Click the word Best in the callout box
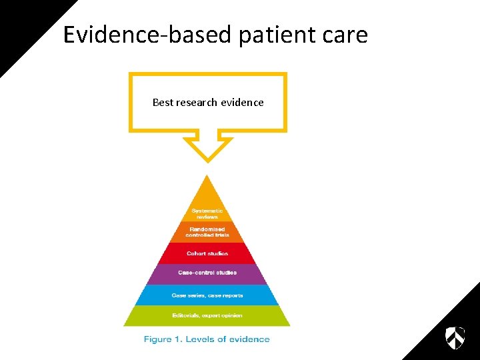pos(163,103)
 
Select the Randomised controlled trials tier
pos(207,232)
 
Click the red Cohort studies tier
pos(207,253)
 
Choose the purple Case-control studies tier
pos(207,273)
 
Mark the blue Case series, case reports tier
pos(207,295)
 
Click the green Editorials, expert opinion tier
pos(207,315)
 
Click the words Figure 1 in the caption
pos(163,339)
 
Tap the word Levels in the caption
pos(201,339)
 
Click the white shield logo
pos(455,337)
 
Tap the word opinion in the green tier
pos(229,315)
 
